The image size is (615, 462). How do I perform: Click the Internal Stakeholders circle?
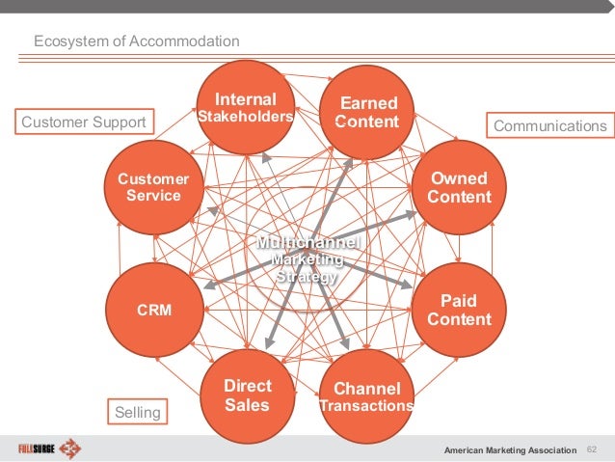tap(245, 108)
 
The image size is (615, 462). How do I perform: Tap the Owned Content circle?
tap(459, 187)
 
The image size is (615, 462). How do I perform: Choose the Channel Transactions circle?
tap(366, 395)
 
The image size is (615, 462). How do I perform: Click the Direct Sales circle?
tap(247, 395)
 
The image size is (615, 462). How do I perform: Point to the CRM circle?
tap(153, 311)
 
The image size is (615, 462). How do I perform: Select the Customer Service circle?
tap(153, 187)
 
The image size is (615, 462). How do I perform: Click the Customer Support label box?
tap(83, 122)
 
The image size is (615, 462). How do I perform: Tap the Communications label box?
tap(549, 126)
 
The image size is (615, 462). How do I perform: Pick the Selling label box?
tap(138, 413)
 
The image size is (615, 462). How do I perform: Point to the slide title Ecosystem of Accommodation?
tap(137, 41)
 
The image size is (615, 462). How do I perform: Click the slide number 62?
tap(592, 449)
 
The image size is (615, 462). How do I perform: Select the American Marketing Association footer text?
tap(509, 450)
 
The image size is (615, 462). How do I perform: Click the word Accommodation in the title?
tap(185, 41)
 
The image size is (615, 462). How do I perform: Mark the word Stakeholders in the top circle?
tap(245, 117)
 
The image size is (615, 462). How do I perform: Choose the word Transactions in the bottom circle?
tap(366, 406)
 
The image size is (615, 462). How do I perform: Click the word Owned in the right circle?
tap(459, 178)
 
